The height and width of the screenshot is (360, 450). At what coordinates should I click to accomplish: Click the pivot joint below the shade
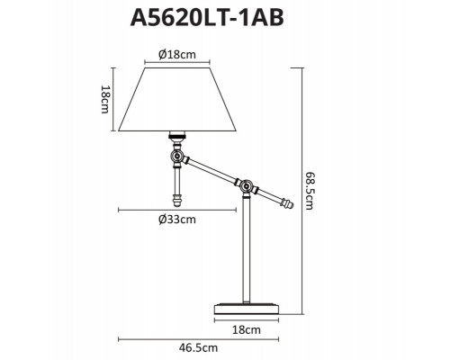click(x=177, y=157)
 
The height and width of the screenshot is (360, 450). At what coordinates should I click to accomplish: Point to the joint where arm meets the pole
click(x=244, y=186)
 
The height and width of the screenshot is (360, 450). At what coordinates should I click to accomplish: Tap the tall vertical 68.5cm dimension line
click(x=297, y=191)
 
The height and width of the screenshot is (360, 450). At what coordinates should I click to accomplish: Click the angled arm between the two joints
click(x=211, y=172)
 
